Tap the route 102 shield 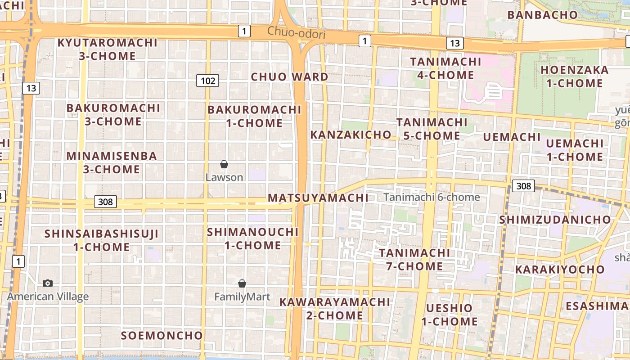207,81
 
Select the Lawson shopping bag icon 224,165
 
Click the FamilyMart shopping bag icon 242,283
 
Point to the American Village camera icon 48,283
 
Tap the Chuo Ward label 289,76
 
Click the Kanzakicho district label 351,135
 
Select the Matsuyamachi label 318,198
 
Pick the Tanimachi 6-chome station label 432,197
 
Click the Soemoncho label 162,336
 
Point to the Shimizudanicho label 555,220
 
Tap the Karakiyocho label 560,270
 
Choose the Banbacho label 542,15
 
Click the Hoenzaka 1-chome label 575,76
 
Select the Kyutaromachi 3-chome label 108,49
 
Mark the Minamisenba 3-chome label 112,162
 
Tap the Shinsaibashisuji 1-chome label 102,240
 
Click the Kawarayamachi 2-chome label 334,308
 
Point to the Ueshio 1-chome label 450,315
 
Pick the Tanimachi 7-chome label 414,259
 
